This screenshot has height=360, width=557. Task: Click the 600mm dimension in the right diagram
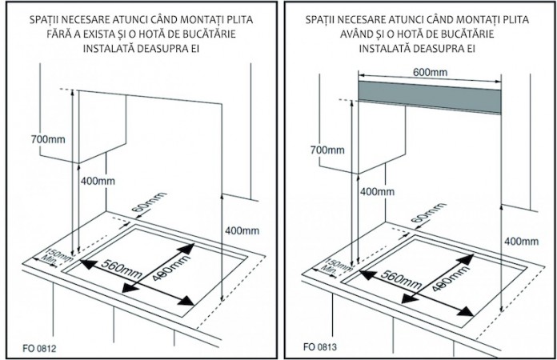[x=430, y=71]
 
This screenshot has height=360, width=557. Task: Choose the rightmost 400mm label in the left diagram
[x=242, y=230]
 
